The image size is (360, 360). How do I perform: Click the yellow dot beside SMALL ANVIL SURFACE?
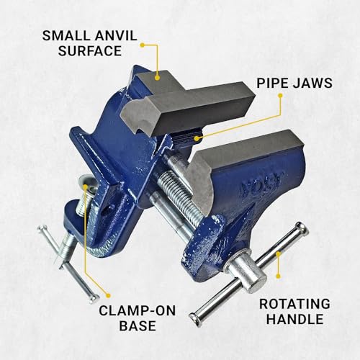coord(143,45)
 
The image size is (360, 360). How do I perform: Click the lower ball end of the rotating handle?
coord(195,318)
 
